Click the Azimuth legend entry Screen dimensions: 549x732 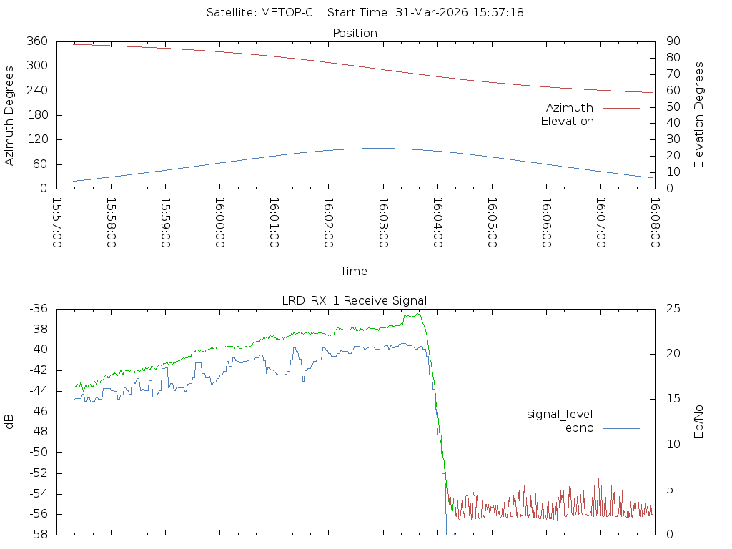pos(570,108)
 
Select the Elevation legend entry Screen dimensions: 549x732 pos(567,122)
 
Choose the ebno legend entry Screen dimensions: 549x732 pos(580,428)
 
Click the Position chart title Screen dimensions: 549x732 pos(355,33)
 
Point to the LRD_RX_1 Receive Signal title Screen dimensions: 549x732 pos(355,300)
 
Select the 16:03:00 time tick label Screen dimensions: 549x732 pos(383,223)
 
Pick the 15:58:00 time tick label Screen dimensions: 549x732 pos(112,223)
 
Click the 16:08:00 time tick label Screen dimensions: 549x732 pos(655,223)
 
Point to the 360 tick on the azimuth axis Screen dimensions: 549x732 pos(36,41)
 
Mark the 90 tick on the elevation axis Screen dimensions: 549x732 pos(672,41)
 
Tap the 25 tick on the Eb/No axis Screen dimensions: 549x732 pos(672,309)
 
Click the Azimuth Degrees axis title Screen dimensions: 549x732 pos(10,115)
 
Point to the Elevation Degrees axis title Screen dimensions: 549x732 pos(699,115)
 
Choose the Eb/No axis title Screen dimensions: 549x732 pos(699,422)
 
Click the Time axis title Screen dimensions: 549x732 pos(354,272)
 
